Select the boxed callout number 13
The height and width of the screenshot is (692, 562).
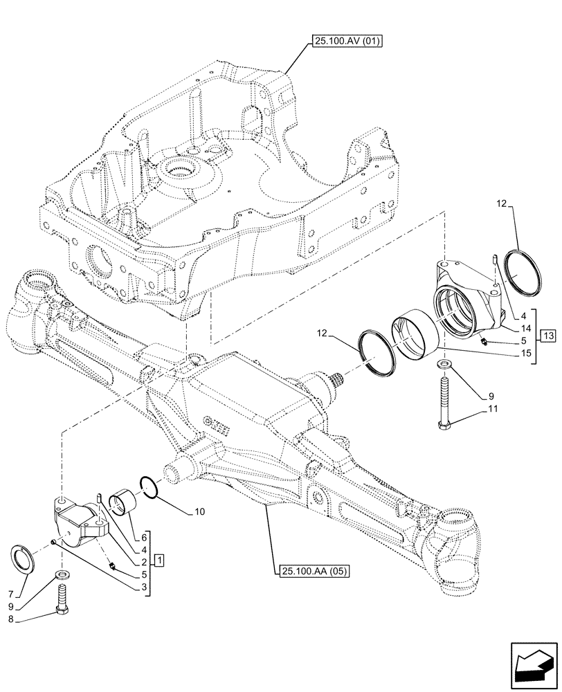point(548,336)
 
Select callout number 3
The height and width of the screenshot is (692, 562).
point(143,588)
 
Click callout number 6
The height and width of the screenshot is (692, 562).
point(143,538)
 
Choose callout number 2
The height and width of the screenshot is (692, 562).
point(143,563)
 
